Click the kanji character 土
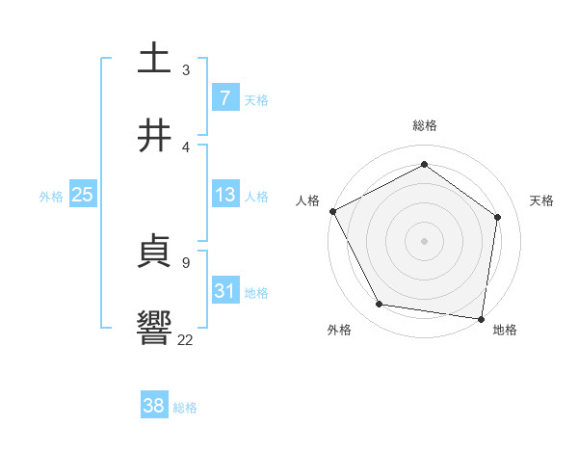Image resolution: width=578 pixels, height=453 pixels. [x=154, y=57]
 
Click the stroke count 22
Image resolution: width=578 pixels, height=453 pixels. [x=185, y=339]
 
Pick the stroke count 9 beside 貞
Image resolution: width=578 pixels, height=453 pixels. [x=185, y=261]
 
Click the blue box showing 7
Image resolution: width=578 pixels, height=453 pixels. [x=225, y=98]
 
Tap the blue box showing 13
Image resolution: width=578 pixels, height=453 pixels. [x=225, y=195]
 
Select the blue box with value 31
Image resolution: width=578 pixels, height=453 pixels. [x=225, y=291]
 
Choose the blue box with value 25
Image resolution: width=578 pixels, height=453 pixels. [x=83, y=195]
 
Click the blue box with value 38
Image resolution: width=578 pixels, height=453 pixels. [x=154, y=406]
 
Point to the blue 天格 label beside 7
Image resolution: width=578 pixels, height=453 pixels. [x=256, y=99]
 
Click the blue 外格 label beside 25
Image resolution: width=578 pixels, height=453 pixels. [x=51, y=196]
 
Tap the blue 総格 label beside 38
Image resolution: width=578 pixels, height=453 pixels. [x=185, y=407]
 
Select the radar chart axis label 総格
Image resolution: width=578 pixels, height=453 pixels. [x=425, y=125]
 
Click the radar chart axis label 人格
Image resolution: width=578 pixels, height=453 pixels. [x=308, y=200]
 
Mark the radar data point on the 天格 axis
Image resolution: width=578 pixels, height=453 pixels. [x=498, y=217]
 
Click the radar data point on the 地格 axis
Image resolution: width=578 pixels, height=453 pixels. [x=481, y=318]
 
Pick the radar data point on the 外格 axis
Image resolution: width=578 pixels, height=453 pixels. [x=380, y=305]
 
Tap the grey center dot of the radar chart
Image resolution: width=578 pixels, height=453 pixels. [x=425, y=240]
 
